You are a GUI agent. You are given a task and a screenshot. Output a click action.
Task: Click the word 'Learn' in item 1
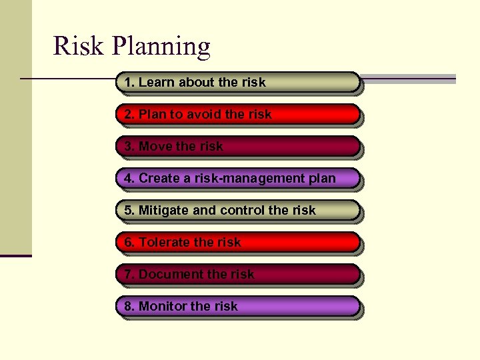(x=155, y=82)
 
